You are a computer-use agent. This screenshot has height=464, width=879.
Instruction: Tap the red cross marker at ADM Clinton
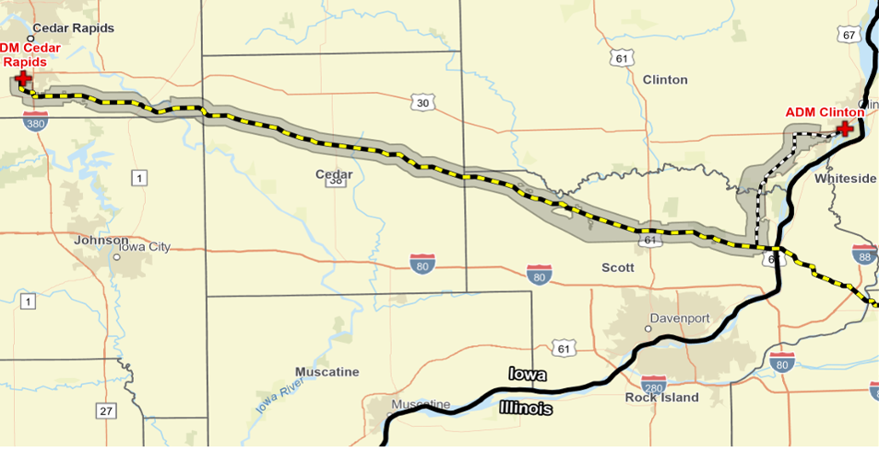click(843, 128)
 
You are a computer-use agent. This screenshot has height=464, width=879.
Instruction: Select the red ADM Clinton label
click(825, 113)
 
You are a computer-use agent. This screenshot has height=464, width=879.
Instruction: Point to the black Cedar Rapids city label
click(74, 29)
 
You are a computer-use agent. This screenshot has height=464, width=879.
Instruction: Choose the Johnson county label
click(101, 240)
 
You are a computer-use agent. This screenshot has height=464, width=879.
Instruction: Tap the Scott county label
click(618, 268)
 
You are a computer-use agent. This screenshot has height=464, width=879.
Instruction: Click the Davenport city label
click(680, 318)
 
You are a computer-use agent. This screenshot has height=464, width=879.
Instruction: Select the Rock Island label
click(662, 398)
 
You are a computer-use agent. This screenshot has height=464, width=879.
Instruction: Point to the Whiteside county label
click(846, 178)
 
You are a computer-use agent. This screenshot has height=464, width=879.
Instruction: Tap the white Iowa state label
click(528, 375)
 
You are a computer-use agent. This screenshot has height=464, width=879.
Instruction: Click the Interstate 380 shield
click(36, 121)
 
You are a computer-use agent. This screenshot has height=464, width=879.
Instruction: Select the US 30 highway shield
click(422, 102)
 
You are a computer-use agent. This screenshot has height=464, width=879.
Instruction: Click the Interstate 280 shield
click(654, 384)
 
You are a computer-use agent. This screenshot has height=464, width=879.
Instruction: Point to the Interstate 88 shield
click(864, 256)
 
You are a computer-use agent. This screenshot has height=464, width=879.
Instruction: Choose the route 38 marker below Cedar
click(336, 182)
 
